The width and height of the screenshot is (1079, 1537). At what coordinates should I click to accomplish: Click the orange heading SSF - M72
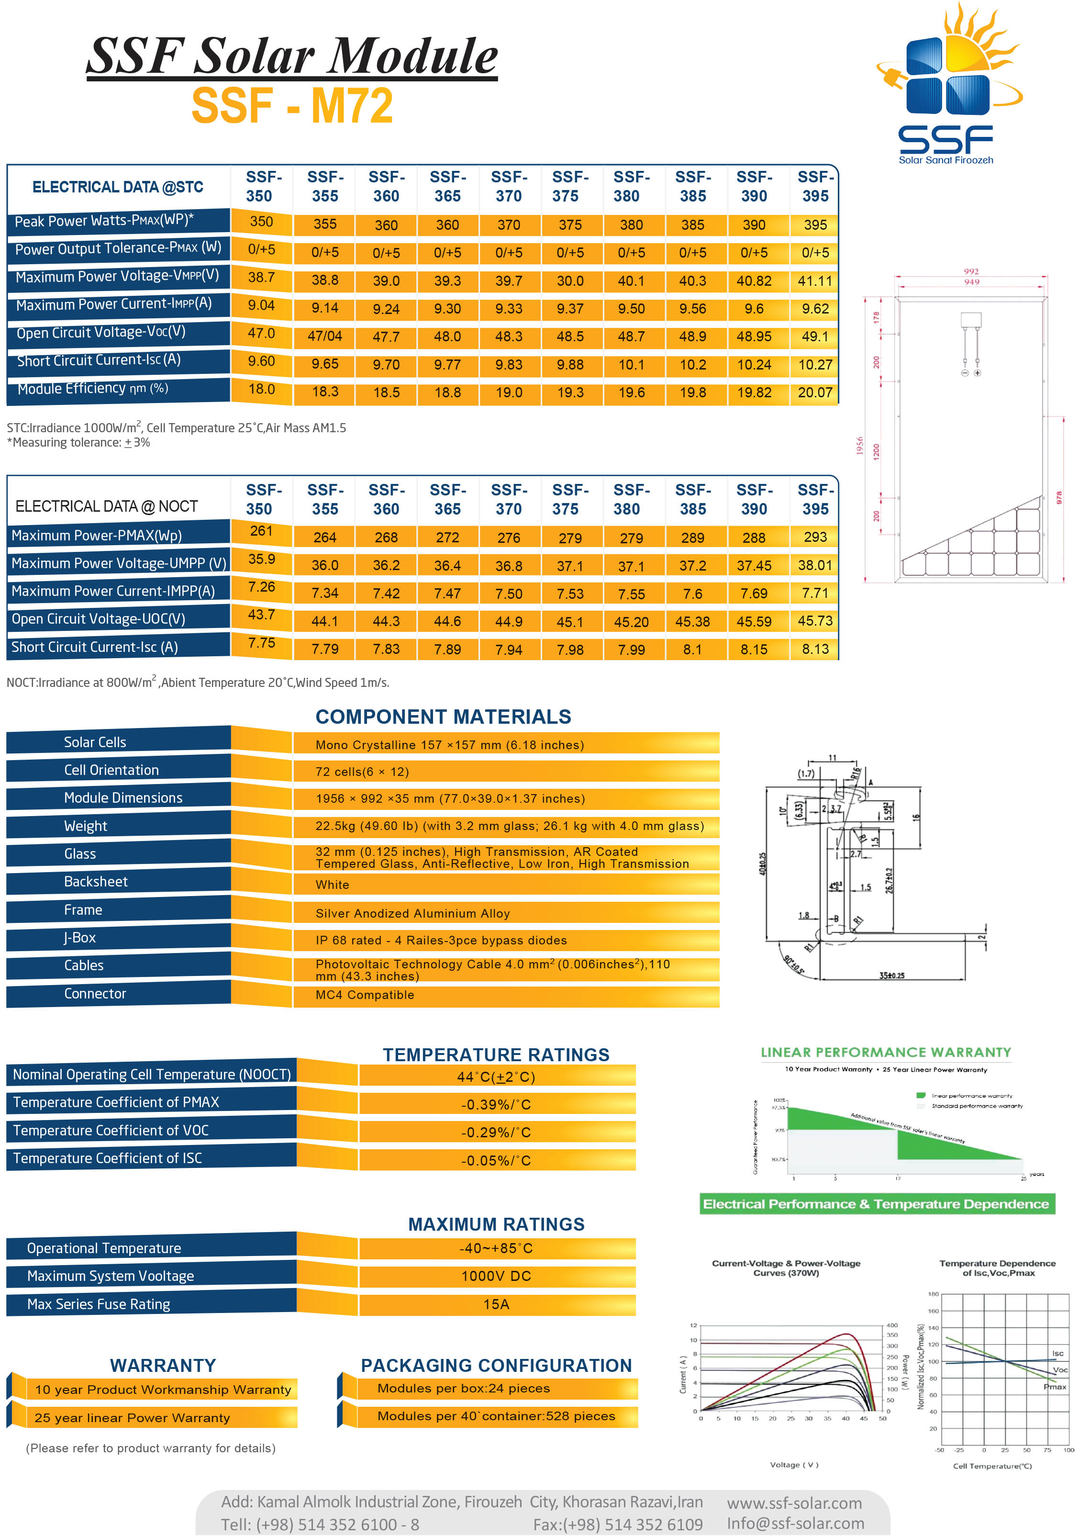(292, 106)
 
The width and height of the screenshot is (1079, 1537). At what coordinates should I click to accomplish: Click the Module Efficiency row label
(93, 389)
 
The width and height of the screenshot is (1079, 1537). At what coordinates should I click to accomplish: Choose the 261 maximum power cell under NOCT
(261, 531)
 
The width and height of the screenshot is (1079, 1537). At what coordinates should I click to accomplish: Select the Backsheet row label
(96, 882)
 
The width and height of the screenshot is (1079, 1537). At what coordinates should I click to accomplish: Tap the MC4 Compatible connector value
(365, 995)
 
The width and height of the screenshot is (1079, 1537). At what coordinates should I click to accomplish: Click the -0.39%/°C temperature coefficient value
(496, 1105)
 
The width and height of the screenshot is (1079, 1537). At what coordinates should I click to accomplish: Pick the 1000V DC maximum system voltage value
(496, 1276)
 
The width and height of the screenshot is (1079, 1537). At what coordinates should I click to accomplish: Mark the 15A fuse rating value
(496, 1304)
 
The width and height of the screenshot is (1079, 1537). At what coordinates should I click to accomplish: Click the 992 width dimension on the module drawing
(970, 271)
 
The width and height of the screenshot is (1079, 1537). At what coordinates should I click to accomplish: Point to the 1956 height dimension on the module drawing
(859, 446)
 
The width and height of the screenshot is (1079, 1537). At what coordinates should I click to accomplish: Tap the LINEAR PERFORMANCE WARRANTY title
(886, 1052)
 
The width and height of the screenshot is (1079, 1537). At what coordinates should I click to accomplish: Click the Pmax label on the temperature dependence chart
(1054, 1386)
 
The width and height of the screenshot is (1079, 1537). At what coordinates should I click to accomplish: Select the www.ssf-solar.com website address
(794, 1503)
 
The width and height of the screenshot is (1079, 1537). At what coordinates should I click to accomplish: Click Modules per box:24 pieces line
(463, 1389)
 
